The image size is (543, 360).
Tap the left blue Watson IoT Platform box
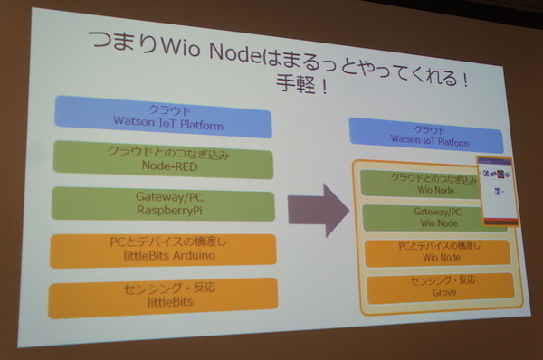point(162,117)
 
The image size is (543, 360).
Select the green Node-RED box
point(164,160)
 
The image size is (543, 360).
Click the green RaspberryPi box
point(164,204)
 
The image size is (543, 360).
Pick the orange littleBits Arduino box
point(163,251)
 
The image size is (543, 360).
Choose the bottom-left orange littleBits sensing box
point(163,296)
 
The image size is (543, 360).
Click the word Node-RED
point(163,167)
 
